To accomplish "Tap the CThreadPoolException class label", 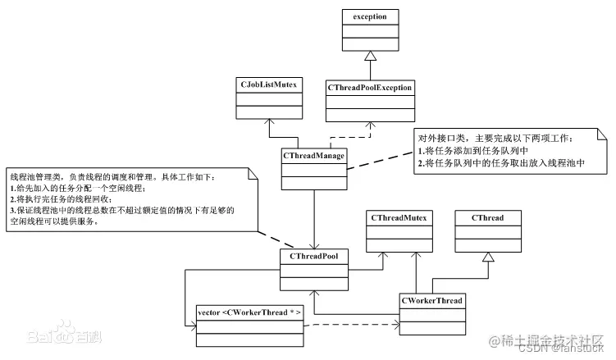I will click(370, 87).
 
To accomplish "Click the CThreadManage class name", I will click(313, 153).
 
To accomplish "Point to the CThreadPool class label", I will click(313, 256).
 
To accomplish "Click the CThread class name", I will click(488, 219).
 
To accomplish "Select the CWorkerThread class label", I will click(431, 301).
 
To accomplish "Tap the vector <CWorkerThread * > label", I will click(249, 313).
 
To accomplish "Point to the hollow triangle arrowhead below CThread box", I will click(488, 257).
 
